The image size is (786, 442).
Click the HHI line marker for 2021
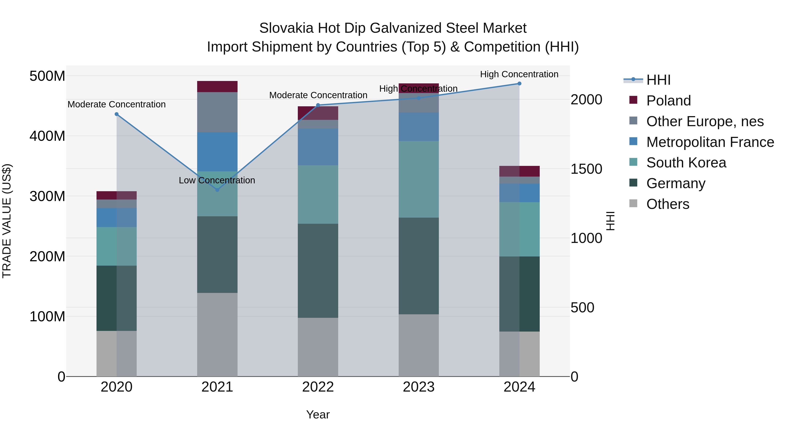click(x=217, y=190)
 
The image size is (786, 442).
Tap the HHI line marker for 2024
click(x=519, y=84)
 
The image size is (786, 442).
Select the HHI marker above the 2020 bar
click(x=117, y=114)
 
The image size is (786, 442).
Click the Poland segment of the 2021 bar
click(x=217, y=87)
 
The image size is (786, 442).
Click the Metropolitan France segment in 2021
click(x=217, y=152)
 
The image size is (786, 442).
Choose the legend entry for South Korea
click(x=686, y=163)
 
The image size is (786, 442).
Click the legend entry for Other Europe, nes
click(x=705, y=121)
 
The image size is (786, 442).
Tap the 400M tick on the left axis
click(x=47, y=136)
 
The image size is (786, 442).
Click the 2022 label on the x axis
click(x=318, y=387)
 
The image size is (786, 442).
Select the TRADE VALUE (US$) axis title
click(x=7, y=221)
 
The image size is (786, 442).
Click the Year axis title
click(x=318, y=414)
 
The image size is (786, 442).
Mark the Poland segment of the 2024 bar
click(x=519, y=171)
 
